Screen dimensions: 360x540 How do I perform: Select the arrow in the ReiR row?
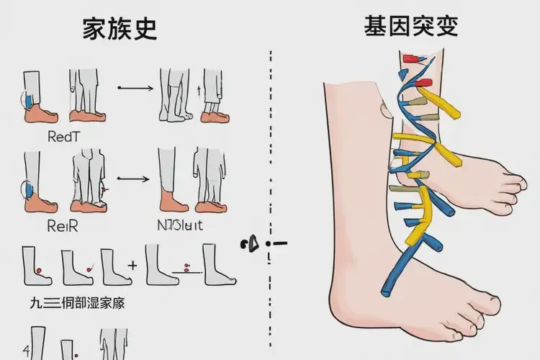[134, 176]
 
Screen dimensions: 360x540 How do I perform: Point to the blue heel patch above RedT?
[28, 99]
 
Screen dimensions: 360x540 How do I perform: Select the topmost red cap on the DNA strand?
[412, 58]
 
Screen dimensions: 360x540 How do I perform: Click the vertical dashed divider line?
[270, 144]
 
